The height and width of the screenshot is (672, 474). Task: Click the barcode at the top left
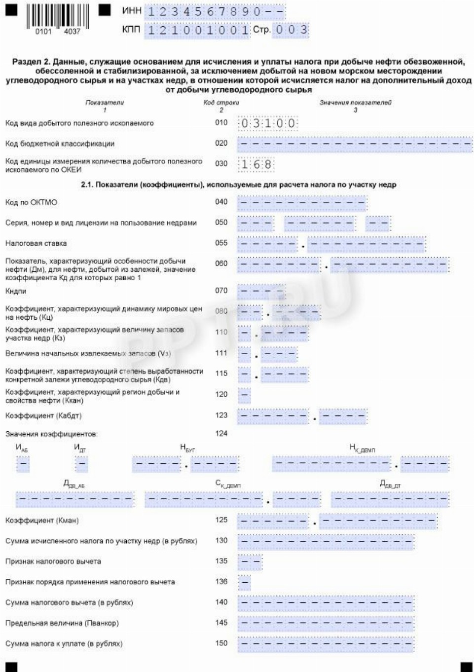(57, 17)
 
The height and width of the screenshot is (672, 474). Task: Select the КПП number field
(198, 30)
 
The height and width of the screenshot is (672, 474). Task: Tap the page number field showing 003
(291, 30)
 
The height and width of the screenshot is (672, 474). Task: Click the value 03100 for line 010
(268, 123)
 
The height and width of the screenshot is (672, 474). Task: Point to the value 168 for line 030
(256, 164)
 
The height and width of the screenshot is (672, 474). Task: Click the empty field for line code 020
(355, 144)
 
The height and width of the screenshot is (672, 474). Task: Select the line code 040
(221, 202)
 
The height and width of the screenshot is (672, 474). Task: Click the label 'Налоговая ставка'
(36, 243)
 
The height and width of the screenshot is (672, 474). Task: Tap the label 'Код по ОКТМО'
(31, 202)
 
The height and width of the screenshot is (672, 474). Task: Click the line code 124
(221, 434)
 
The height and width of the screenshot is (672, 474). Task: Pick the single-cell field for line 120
(244, 395)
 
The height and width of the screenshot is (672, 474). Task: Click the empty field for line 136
(245, 583)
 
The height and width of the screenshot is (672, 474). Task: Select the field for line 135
(250, 562)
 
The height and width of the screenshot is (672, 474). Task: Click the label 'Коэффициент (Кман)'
(42, 521)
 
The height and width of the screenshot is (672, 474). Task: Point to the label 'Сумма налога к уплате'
(64, 644)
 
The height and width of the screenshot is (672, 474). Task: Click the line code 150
(221, 643)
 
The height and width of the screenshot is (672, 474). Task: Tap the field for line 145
(326, 624)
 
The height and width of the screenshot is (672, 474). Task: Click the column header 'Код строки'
(221, 103)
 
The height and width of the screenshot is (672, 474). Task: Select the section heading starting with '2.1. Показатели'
(239, 185)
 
